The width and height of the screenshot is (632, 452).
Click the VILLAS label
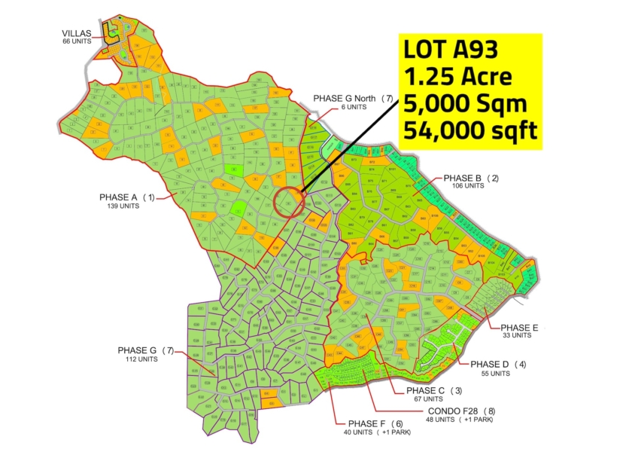point(77,33)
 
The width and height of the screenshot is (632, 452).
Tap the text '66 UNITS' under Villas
point(77,41)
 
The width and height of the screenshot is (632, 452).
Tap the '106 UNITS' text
point(467,186)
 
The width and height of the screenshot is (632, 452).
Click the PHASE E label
point(520,328)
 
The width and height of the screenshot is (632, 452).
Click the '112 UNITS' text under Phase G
point(141,359)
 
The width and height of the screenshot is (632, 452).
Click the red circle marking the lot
point(290,202)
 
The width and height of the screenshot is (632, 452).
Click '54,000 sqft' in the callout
point(470,130)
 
